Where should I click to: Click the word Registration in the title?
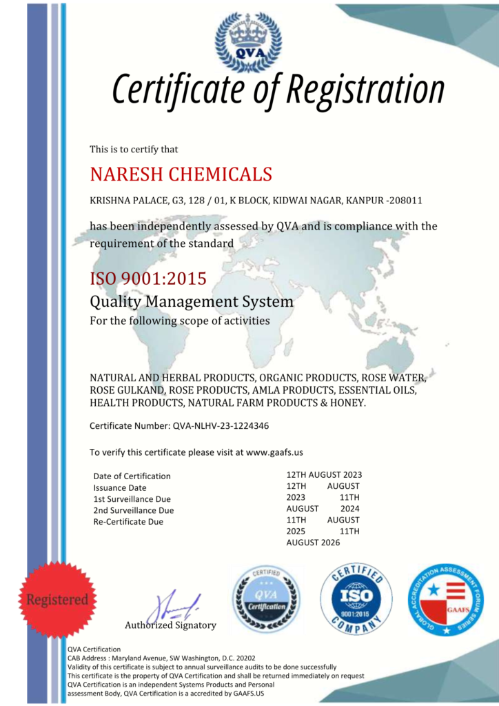(x=365, y=90)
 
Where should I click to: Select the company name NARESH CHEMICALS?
(x=181, y=174)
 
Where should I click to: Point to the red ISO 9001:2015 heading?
(x=147, y=279)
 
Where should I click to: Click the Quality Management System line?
(x=192, y=301)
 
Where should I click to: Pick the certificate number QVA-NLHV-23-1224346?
(x=219, y=426)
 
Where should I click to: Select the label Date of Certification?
(x=132, y=476)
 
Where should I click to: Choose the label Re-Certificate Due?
(x=128, y=522)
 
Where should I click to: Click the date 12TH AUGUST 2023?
(x=324, y=474)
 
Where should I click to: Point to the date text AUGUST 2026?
(x=313, y=543)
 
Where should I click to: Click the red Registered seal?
(x=57, y=599)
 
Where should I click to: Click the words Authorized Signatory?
(x=170, y=625)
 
